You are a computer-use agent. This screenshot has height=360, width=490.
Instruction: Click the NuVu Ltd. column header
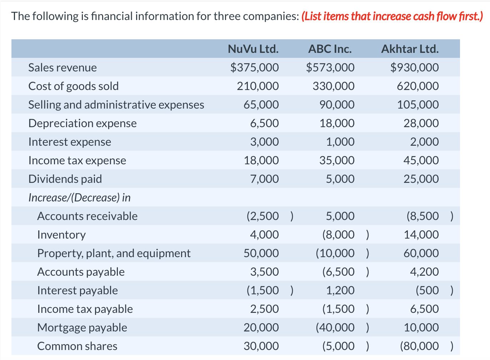(x=253, y=49)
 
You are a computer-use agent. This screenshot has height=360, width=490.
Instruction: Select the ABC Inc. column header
(x=330, y=49)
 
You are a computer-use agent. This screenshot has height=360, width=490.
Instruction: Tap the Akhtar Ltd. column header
(x=410, y=49)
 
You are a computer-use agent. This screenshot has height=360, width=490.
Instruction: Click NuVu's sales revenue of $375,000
(x=254, y=67)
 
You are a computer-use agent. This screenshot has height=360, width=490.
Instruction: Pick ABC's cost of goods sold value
(x=333, y=86)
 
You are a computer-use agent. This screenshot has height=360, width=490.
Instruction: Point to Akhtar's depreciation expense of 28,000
(x=421, y=123)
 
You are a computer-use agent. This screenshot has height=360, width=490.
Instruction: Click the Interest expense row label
(x=70, y=142)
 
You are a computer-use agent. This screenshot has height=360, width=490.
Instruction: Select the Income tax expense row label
(x=77, y=160)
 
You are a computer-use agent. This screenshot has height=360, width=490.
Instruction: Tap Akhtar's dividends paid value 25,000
(x=421, y=179)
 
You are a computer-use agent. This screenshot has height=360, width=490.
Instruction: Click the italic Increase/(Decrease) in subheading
(x=79, y=197)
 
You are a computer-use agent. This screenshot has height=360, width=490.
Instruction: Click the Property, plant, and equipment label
(x=114, y=253)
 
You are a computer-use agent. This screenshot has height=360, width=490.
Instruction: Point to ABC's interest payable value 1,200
(x=340, y=290)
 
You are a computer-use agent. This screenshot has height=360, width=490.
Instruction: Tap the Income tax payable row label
(x=85, y=309)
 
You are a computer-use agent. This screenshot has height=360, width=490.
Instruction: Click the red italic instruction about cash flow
(x=392, y=16)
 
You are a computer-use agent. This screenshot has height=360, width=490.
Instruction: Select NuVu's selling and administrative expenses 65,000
(x=261, y=105)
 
